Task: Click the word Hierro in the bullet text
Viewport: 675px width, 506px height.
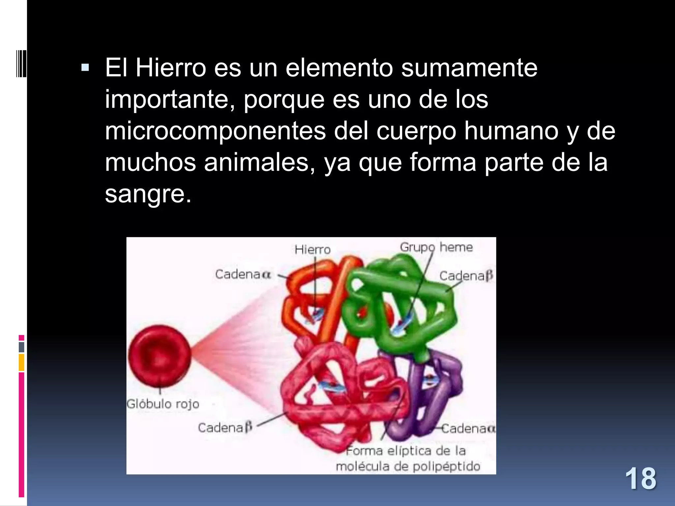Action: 171,68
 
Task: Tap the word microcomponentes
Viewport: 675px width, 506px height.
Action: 215,131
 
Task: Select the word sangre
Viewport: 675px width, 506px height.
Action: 148,194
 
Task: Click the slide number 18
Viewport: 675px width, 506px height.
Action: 640,479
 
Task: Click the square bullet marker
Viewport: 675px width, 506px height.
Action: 85,68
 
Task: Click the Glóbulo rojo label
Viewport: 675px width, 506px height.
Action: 163,404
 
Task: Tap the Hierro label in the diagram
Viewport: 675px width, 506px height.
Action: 312,250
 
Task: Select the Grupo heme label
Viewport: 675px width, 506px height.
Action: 436,247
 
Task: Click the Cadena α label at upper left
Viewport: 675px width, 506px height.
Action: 243,274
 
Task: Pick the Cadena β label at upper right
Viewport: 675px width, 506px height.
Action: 466,276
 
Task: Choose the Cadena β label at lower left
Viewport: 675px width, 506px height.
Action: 225,428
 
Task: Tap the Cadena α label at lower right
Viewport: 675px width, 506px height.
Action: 468,429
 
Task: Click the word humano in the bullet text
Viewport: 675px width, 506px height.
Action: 511,131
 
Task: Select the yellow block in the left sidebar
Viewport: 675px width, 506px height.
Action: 21,363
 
